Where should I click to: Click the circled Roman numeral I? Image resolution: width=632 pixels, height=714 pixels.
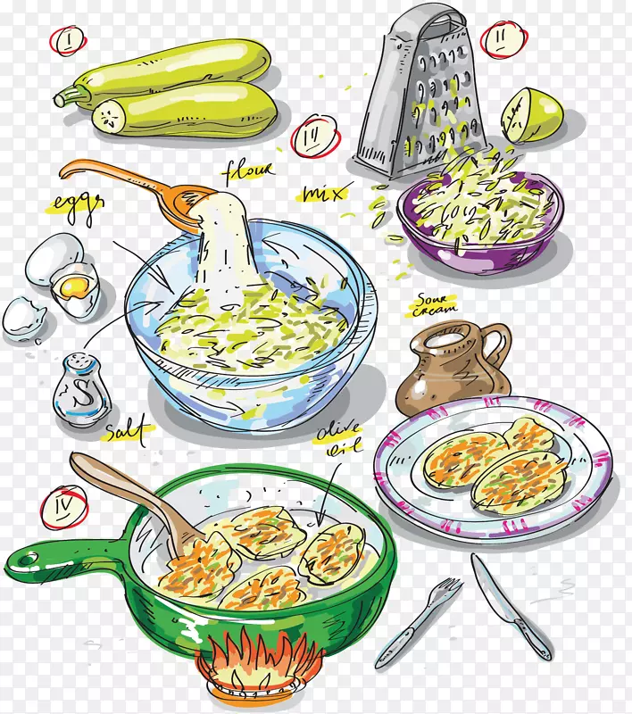point(69,40)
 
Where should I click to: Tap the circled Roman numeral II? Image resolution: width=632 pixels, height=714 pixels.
point(503,41)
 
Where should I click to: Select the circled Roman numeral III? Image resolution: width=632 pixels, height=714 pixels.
point(315,137)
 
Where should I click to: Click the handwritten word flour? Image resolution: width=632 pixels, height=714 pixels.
point(248,171)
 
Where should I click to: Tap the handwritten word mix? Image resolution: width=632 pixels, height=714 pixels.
point(324,194)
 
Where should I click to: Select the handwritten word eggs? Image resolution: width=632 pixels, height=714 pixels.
point(78,206)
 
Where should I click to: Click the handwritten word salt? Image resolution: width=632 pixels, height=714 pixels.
point(128,430)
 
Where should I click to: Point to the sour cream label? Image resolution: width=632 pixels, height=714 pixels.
point(434,304)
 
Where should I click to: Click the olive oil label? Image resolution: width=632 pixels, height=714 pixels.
point(337,438)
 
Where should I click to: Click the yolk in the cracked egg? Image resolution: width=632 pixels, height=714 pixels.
point(74,286)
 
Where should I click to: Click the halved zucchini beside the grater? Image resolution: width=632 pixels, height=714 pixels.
point(532,115)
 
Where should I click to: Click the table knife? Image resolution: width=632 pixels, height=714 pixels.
point(511,606)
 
